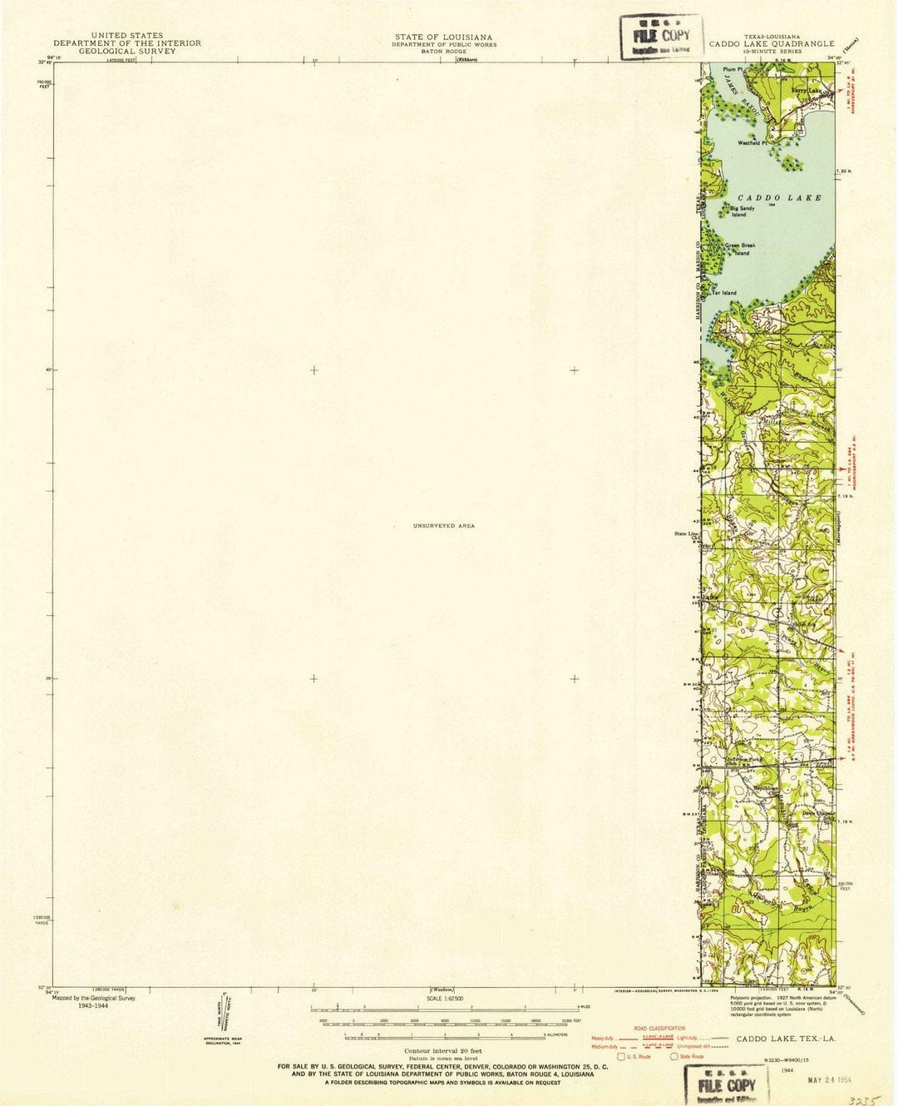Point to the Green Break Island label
(739, 249)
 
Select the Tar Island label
(725, 293)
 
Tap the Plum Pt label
(732, 70)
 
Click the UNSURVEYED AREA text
(443, 526)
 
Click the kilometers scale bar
(446, 1035)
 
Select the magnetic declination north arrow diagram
(225, 1016)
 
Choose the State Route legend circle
(674, 1057)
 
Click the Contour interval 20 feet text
(447, 1053)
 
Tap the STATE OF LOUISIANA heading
(443, 37)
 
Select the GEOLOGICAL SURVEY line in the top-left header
(127, 51)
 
